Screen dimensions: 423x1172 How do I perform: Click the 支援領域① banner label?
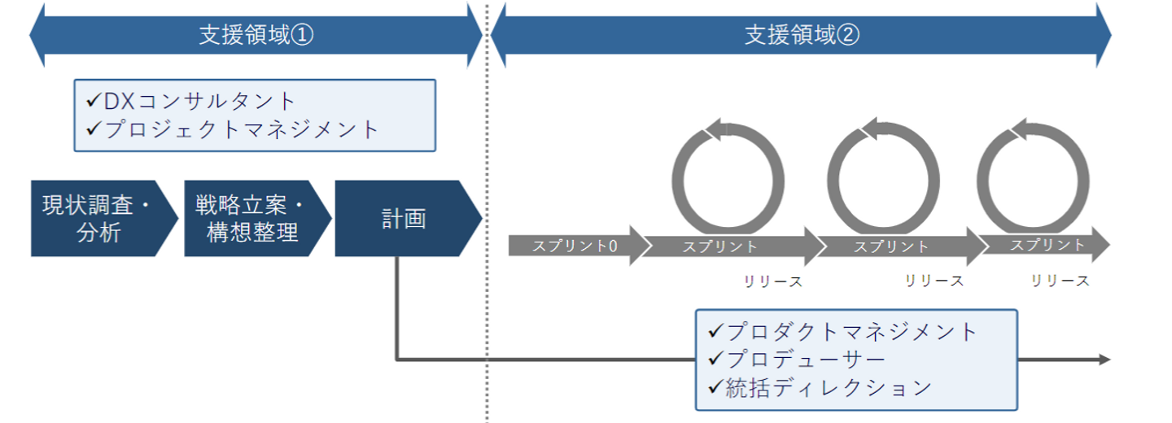(x=256, y=36)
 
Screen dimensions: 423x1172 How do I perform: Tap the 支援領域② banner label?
(x=802, y=36)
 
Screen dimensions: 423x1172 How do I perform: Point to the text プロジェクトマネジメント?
(x=242, y=129)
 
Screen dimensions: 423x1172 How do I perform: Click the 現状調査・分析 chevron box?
(x=98, y=218)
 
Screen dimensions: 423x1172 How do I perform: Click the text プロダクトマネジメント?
(x=851, y=332)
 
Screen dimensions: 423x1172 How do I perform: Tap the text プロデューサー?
(x=806, y=360)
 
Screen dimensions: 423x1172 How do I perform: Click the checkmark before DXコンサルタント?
(x=93, y=101)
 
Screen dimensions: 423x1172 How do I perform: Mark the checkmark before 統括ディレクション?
(x=716, y=387)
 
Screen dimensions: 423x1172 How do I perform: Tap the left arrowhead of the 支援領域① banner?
(x=37, y=36)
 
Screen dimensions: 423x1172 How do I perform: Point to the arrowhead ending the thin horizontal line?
(x=1104, y=360)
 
